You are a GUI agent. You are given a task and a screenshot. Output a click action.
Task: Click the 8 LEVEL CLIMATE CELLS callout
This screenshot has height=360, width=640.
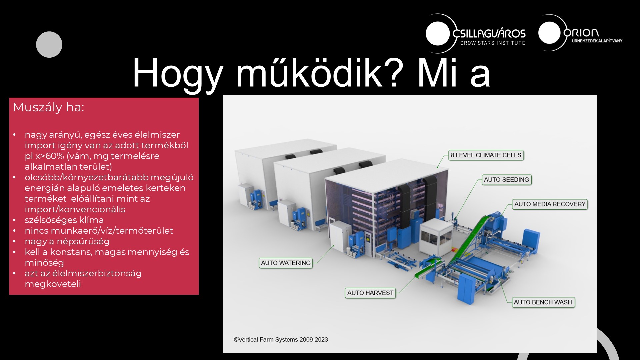point(486,155)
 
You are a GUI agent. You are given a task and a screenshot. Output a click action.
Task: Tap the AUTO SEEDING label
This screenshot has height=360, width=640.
point(506,180)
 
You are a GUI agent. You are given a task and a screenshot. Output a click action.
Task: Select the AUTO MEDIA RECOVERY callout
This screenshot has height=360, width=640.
point(550,204)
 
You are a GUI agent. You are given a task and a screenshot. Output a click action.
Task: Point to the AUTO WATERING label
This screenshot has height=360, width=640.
point(286,263)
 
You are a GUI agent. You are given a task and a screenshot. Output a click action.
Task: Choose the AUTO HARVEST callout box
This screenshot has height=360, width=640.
point(370,293)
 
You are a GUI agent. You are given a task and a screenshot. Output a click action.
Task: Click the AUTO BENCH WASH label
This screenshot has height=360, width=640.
point(543,302)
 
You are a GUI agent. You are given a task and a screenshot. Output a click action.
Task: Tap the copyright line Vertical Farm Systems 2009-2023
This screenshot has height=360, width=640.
point(281,340)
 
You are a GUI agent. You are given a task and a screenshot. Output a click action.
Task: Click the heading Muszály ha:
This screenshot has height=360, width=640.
point(48,107)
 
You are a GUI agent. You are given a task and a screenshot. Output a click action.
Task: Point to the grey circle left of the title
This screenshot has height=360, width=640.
point(49,45)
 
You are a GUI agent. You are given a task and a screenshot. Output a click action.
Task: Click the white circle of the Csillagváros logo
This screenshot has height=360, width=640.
point(438,33)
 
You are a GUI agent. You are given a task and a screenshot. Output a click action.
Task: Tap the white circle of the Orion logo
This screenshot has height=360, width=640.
point(549,33)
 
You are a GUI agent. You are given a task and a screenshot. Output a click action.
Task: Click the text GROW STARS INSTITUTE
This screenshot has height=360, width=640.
point(493,43)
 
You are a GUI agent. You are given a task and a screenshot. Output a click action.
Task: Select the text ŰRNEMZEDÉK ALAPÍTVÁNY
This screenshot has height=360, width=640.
point(597,41)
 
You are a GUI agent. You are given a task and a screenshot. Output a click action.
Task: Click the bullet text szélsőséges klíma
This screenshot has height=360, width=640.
point(64,220)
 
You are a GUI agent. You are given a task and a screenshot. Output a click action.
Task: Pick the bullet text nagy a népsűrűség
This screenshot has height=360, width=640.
point(67,241)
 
